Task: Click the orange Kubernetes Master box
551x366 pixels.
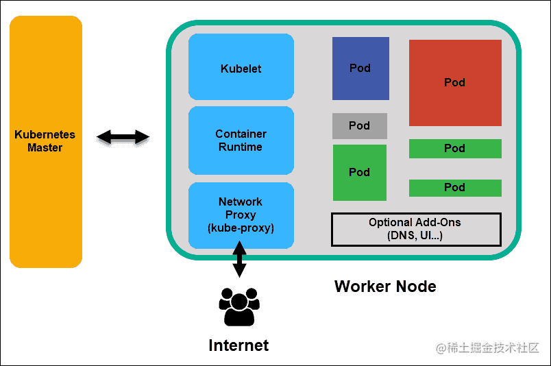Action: point(45,141)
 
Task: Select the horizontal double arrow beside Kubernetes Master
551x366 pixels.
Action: point(123,137)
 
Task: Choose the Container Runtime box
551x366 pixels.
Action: point(241,141)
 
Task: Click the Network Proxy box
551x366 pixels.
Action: point(241,215)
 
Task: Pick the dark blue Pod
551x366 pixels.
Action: point(360,69)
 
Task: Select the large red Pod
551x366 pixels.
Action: point(455,83)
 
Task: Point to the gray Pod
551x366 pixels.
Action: point(360,126)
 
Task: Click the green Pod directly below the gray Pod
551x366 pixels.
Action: point(360,173)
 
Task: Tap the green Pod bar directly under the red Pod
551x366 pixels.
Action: point(455,149)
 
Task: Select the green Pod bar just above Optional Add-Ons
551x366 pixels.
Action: point(455,188)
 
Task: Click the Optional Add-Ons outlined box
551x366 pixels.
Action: point(416,230)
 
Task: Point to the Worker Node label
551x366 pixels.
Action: point(385,286)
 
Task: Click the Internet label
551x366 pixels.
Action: point(238,345)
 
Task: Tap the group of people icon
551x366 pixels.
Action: point(238,306)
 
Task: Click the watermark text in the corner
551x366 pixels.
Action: point(488,347)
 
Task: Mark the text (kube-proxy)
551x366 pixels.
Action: point(241,228)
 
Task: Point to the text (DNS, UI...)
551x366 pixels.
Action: point(415,236)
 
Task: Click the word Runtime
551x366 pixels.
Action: point(241,147)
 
